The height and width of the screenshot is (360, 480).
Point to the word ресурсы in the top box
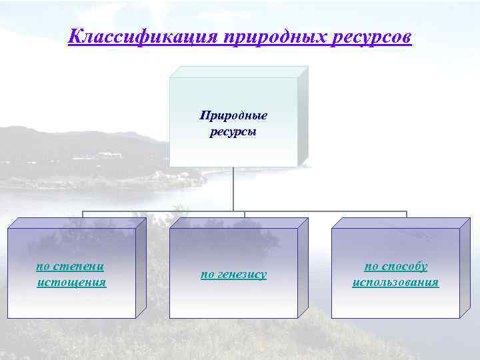point(233,131)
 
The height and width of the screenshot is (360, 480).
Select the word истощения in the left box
point(72,282)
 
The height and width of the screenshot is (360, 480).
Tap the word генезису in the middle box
point(241,274)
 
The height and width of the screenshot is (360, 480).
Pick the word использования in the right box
point(395,282)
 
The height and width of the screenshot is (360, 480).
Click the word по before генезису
point(207,274)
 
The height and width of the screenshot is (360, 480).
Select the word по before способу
point(371,266)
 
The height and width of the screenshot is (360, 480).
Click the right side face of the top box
point(303,117)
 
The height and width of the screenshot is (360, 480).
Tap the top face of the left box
point(77,223)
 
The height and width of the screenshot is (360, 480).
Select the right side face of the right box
point(465,267)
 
